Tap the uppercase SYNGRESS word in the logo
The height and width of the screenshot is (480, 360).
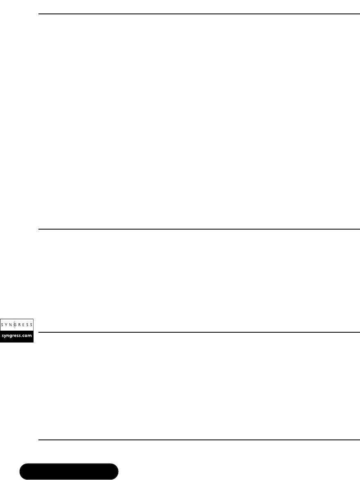[17, 324]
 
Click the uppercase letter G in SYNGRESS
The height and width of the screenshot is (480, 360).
[16, 324]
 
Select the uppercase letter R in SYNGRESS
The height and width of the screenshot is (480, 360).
[20, 324]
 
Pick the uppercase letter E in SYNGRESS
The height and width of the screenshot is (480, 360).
[24, 324]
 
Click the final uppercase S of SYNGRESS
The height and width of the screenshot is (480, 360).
[32, 324]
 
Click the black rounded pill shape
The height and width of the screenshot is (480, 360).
[69, 471]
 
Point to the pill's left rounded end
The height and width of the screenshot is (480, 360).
[24, 471]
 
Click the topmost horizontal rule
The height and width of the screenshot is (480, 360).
[199, 14]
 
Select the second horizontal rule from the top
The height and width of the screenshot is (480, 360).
[199, 229]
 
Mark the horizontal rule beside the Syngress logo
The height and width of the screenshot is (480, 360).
[199, 332]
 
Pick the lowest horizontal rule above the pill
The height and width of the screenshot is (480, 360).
[199, 440]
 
